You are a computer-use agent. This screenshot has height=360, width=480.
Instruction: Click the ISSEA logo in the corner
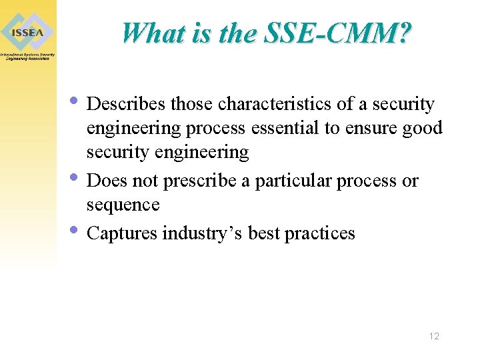pos(27,29)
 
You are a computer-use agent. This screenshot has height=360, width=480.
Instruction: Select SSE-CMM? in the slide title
pos(339,32)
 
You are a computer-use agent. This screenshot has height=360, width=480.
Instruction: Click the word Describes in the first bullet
pos(127,105)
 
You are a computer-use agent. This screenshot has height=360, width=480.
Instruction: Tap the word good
pos(422,128)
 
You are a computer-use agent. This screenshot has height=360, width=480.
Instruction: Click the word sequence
pos(123,205)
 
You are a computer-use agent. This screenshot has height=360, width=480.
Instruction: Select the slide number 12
pos(434,336)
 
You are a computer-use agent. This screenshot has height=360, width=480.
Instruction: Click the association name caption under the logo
pos(27,56)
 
